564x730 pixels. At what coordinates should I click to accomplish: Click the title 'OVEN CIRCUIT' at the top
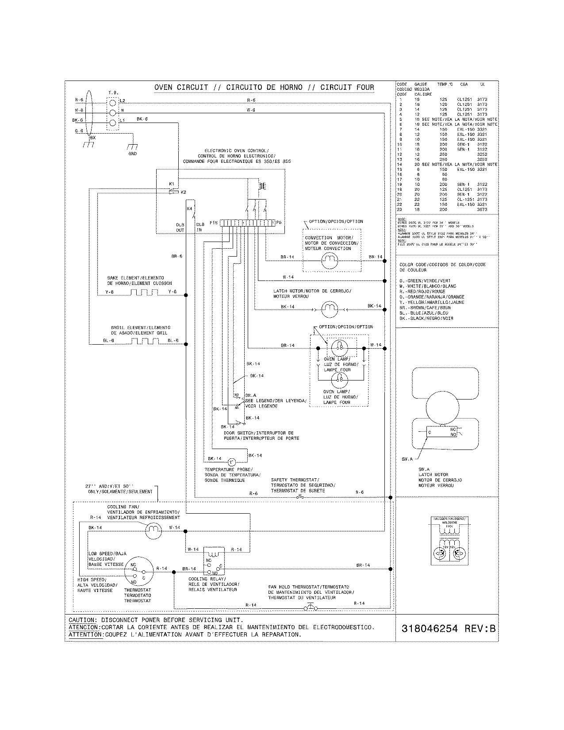181,87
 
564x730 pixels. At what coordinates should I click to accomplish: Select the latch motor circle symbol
329,308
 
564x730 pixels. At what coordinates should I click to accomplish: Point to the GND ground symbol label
132,154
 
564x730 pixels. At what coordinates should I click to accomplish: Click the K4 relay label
190,208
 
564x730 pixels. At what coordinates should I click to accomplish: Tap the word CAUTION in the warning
82,620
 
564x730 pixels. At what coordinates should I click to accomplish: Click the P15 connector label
214,223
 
